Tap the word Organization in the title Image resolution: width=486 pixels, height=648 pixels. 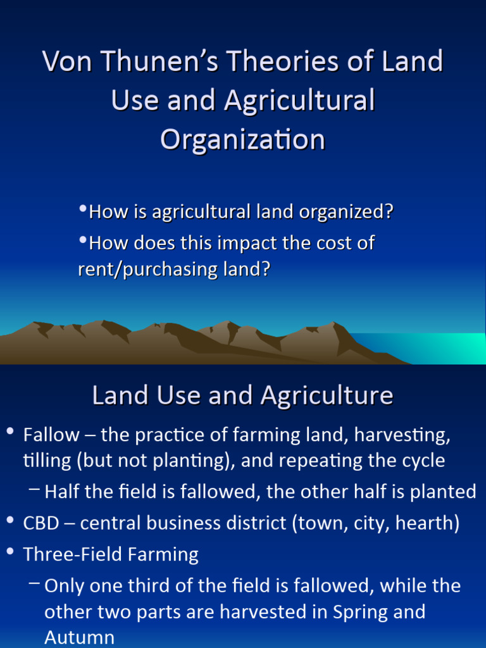click(x=243, y=139)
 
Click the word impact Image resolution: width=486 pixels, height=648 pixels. click(x=240, y=243)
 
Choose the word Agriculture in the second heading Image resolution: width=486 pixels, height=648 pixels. click(x=327, y=396)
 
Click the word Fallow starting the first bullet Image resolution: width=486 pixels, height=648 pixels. click(x=51, y=435)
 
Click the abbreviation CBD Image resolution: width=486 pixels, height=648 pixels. click(x=41, y=523)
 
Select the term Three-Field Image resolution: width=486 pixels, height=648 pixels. click(x=73, y=554)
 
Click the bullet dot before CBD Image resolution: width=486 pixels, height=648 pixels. click(x=9, y=521)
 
